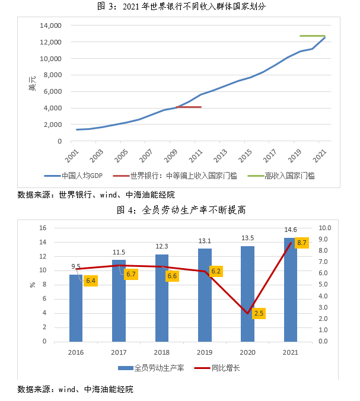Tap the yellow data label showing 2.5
tap(259, 313)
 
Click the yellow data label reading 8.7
tap(301, 243)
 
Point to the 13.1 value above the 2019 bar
tap(205, 241)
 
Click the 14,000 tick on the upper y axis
tap(50, 26)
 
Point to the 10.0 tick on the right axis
tap(327, 228)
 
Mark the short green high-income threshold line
tap(312, 36)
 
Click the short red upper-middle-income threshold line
tap(189, 107)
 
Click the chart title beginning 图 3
tap(180, 7)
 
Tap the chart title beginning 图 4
tap(180, 209)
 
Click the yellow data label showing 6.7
tap(131, 274)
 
